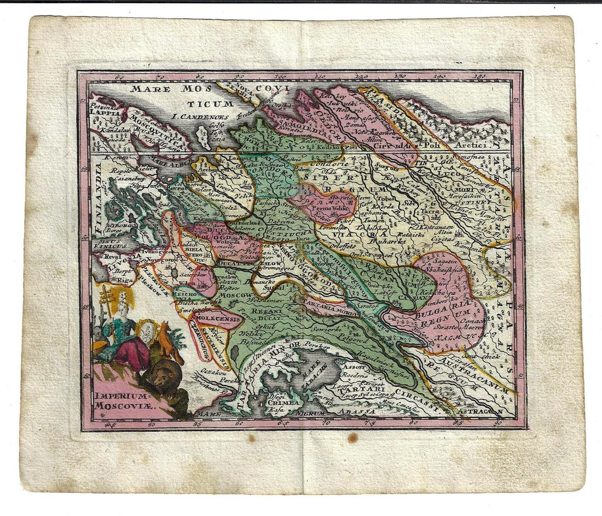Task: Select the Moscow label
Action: (235, 295)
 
